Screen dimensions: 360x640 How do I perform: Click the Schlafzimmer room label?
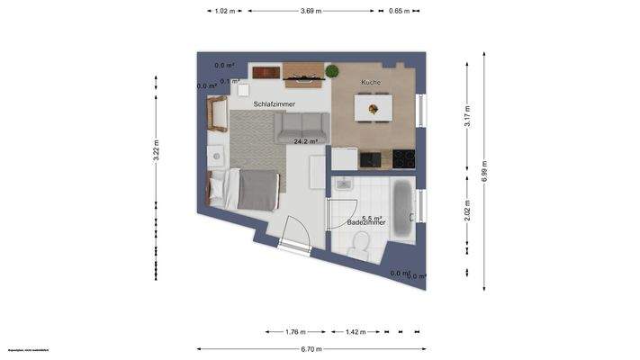coord(275,104)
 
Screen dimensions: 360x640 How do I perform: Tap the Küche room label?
coord(371,83)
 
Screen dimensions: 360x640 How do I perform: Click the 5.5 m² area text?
coord(372,217)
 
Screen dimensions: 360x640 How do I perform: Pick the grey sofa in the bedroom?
coord(302,130)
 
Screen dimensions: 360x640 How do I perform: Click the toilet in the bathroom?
coord(362,243)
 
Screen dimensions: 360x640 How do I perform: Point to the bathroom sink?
coord(344,185)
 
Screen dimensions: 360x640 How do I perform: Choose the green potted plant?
coord(331,71)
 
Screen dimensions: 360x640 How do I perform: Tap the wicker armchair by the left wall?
coord(217,113)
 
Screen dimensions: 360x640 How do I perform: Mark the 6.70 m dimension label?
coord(311,349)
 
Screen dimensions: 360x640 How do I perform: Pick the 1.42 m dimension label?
coord(356,331)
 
